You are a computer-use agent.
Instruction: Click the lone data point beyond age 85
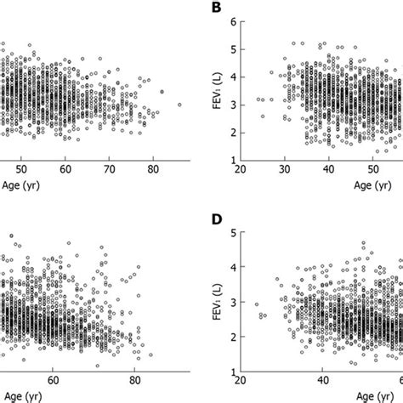179,105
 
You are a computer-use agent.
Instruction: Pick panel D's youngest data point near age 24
257,304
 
